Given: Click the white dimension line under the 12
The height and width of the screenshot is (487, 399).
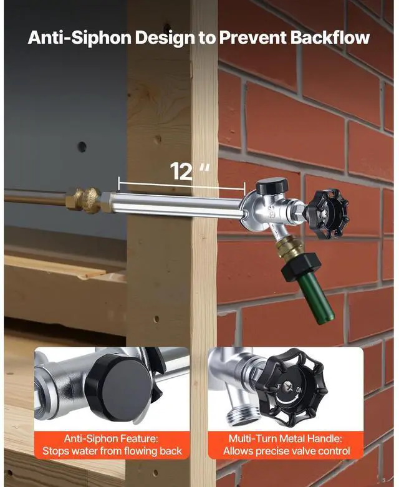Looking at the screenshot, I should coord(181,185).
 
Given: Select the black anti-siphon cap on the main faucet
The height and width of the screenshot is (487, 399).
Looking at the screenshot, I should coord(272,185).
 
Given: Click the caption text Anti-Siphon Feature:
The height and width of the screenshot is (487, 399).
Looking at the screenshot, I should coord(112,438).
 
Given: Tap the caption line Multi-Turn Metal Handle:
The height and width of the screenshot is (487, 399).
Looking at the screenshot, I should coord(286,438).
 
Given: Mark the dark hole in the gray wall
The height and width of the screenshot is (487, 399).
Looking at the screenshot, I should coord(82,147).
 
